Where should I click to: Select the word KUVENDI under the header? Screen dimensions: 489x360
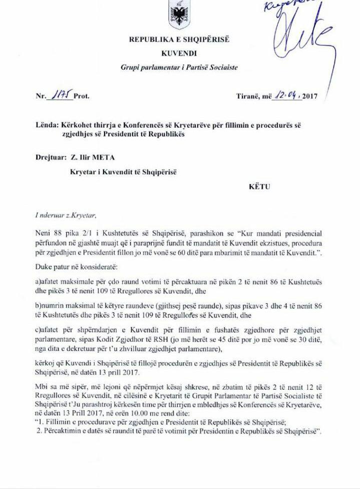point(179,53)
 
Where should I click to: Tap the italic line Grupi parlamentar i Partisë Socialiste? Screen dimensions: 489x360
point(179,67)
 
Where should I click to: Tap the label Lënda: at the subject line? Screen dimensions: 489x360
point(46,124)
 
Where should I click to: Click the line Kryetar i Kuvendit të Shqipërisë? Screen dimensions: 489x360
point(123,172)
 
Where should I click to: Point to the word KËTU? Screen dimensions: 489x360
point(259,187)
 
